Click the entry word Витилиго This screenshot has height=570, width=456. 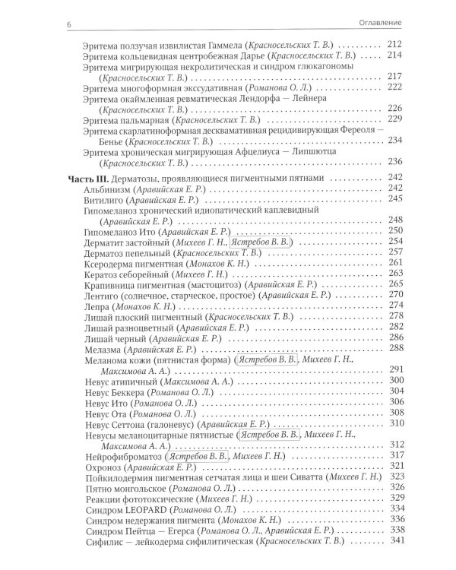97,198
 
